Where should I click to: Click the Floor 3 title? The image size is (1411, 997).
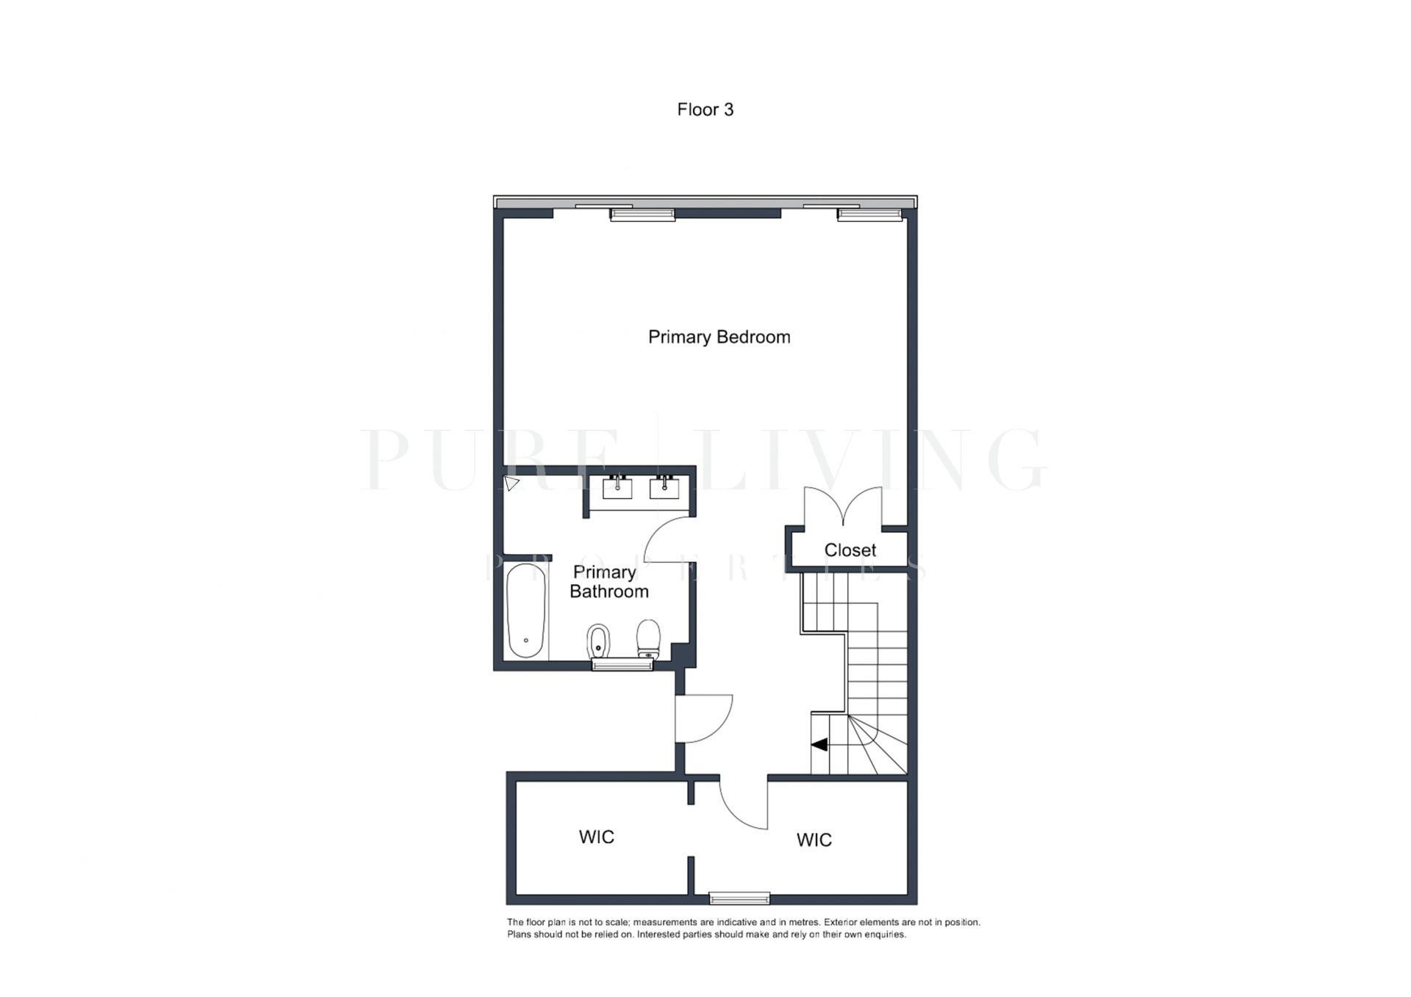(705, 109)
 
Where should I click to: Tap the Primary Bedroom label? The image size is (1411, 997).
(719, 337)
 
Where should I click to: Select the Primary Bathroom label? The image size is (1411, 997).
(608, 582)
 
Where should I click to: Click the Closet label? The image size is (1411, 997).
(850, 550)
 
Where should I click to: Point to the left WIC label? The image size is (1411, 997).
(596, 837)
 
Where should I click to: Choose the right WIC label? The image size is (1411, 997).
(814, 840)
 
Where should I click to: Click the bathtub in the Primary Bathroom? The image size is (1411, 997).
(526, 611)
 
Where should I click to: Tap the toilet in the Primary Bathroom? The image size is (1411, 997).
(648, 639)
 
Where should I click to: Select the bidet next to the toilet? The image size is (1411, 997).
(598, 642)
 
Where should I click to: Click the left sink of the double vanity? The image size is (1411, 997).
(617, 487)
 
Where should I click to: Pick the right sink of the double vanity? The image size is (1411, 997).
(664, 487)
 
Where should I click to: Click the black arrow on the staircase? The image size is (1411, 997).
(819, 744)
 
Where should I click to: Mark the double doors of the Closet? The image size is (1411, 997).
(843, 507)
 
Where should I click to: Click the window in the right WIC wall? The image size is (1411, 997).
(739, 898)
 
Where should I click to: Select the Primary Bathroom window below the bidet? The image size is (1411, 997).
(622, 665)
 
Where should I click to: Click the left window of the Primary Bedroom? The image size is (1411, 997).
(642, 215)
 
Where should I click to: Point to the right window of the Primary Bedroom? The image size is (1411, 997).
(870, 215)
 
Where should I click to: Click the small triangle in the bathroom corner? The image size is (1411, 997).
(511, 483)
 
